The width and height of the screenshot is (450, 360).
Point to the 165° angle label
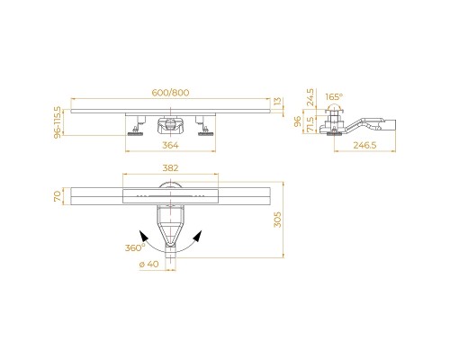(x=334, y=95)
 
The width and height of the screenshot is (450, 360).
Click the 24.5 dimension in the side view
(x=310, y=96)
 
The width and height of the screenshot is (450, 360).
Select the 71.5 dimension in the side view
(x=310, y=123)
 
